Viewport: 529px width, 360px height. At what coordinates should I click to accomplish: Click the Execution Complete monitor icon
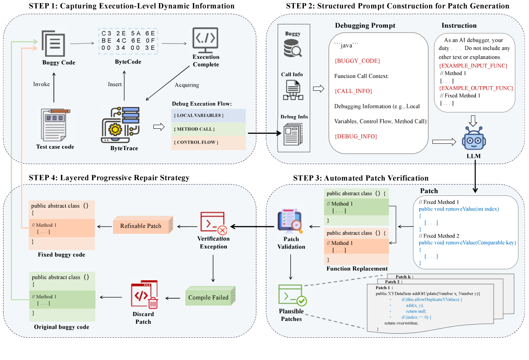click(206, 40)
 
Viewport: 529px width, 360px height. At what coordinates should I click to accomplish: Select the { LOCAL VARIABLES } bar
click(208, 115)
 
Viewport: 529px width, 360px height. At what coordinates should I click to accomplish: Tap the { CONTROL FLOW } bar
click(208, 143)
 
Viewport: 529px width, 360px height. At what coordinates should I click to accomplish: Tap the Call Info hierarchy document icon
click(294, 90)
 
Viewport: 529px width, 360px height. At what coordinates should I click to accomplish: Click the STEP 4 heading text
click(109, 178)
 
